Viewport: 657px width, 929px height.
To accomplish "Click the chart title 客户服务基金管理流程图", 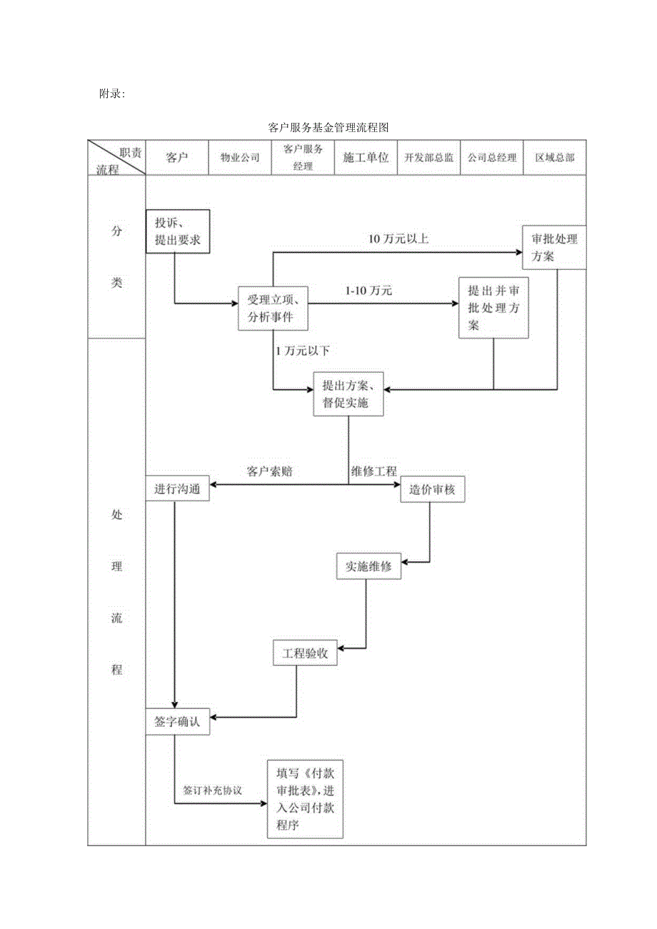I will [328, 128].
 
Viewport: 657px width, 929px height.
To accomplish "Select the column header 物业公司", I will [240, 158].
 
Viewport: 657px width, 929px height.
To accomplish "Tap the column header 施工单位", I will [366, 158].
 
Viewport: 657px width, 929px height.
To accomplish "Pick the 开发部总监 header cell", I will [428, 158].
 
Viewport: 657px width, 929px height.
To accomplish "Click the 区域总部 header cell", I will [555, 158].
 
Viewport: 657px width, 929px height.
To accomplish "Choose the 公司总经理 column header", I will [492, 158].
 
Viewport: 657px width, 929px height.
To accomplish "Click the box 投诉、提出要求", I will [178, 231].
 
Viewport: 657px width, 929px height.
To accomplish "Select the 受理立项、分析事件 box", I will [273, 308].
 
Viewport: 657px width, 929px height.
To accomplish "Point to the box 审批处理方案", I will [554, 248].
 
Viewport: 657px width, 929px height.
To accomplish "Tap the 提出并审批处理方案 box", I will [493, 308].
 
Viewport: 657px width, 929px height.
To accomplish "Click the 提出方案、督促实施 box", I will [348, 393].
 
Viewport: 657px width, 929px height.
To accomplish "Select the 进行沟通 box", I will [178, 488].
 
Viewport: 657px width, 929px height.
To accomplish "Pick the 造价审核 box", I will [433, 490].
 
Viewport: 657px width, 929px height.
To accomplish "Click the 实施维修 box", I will [368, 566].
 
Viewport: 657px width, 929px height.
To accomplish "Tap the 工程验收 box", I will [305, 653].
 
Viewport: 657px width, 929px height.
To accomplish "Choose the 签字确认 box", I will [178, 722].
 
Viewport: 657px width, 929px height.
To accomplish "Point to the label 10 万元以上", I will [398, 239].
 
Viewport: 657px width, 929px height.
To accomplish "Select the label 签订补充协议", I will [213, 790].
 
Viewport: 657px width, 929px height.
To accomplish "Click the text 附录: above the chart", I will [112, 94].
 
